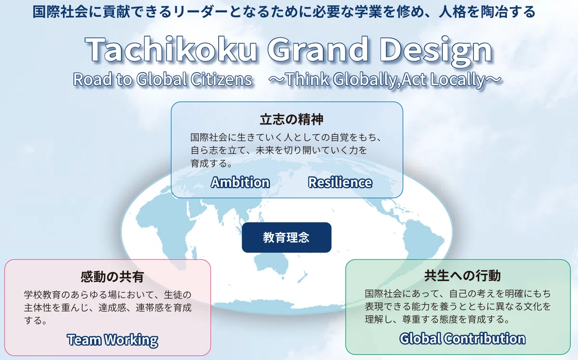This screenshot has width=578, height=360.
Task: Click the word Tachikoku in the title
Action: [171, 49]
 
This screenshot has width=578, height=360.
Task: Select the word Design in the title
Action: [436, 51]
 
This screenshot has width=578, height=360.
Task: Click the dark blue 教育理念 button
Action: [287, 237]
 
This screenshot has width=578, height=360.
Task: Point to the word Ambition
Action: [240, 182]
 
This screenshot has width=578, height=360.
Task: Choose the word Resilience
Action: [340, 182]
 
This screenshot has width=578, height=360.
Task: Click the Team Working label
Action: [113, 340]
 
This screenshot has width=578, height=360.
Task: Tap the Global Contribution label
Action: [462, 338]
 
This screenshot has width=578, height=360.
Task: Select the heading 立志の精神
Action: [291, 119]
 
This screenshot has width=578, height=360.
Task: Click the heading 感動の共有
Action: [112, 277]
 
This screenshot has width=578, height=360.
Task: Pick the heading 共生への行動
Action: [463, 275]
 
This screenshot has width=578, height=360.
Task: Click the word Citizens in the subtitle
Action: [222, 79]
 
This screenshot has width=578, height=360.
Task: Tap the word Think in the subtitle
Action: [307, 79]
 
